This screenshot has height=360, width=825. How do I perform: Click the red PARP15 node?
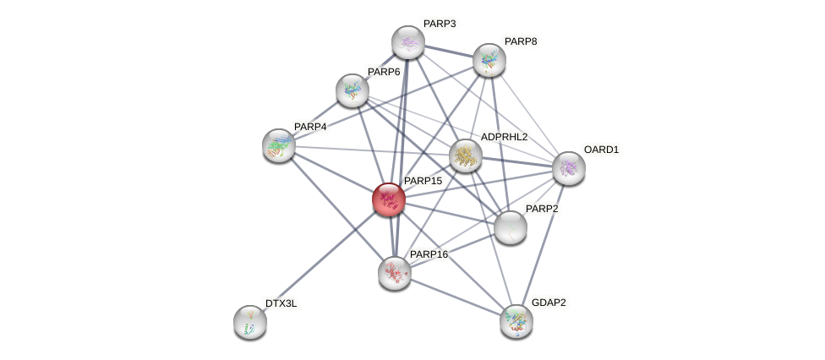pos(389,199)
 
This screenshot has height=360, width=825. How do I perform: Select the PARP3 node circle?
pos(407,42)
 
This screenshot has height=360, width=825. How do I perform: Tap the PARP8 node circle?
pos(489,59)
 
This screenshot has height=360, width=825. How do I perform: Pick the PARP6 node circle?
pos(352,90)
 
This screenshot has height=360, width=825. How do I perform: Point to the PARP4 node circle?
pos(278,145)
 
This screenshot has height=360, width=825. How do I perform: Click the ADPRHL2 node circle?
pos(465,155)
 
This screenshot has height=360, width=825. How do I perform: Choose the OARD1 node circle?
pos(568,167)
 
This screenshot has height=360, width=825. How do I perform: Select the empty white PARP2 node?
pos(510,226)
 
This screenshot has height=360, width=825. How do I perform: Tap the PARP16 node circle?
pos(394,272)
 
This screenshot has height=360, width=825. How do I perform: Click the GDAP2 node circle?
pos(516,320)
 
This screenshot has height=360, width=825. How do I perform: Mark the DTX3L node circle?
pos(249,321)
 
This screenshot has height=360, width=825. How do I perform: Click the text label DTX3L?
pos(281,303)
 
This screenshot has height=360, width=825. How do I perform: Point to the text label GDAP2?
pos(549,302)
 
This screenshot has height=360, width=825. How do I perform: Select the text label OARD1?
pos(601,150)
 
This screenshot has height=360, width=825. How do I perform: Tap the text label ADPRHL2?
pos(504,137)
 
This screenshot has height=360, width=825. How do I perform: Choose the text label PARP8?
pos(520,41)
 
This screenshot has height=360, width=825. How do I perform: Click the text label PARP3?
pos(439,24)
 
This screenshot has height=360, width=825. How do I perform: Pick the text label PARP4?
pos(310,127)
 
